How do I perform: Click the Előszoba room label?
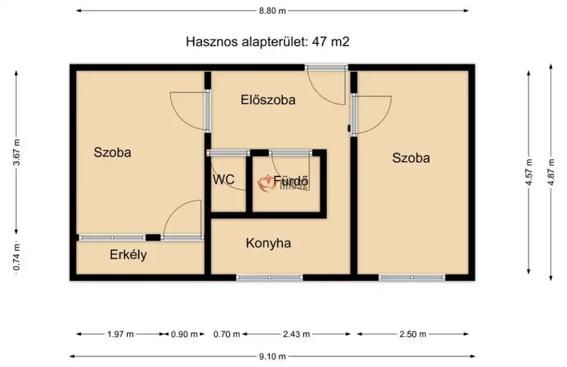(x=268, y=100)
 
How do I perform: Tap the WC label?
(x=223, y=180)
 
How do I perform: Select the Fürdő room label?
(x=291, y=181)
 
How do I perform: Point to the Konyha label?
(x=268, y=243)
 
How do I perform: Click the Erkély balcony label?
(x=128, y=255)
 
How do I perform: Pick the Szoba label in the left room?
(x=113, y=153)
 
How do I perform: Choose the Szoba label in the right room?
(x=411, y=158)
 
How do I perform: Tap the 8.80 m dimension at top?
(x=272, y=10)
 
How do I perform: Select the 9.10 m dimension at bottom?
(x=272, y=356)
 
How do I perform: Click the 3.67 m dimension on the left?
(x=17, y=152)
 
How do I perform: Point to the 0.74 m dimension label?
(x=17, y=257)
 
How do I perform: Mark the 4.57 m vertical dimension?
(x=529, y=172)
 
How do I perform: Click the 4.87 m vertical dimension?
(x=551, y=172)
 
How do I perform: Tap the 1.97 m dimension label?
(x=120, y=334)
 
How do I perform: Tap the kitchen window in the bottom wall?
(x=269, y=277)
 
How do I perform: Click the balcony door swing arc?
(x=183, y=218)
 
